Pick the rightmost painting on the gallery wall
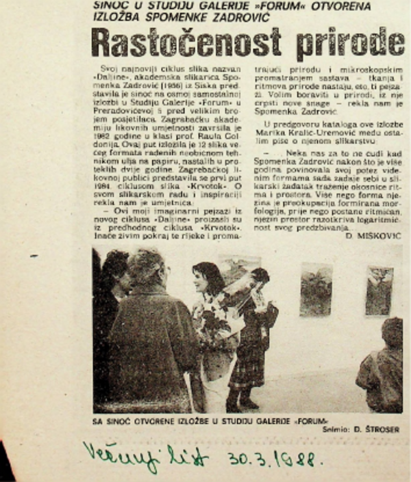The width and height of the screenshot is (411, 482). [378, 291]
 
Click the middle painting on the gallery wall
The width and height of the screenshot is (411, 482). [315, 289]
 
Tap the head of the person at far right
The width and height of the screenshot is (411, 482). [392, 333]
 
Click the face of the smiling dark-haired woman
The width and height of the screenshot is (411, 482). [208, 279]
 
